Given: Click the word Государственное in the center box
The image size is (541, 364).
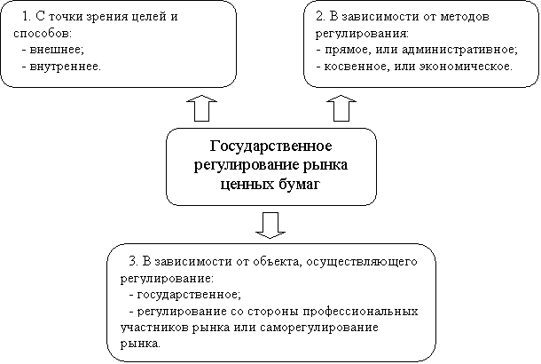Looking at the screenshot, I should pyautogui.click(x=270, y=146).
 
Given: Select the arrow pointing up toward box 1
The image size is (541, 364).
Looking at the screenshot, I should pyautogui.click(x=200, y=107).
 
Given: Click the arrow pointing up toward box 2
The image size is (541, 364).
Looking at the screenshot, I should pyautogui.click(x=340, y=107).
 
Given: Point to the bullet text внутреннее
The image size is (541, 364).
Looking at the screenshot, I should pyautogui.click(x=65, y=65).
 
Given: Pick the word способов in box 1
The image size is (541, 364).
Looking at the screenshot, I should pyautogui.click(x=39, y=33).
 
